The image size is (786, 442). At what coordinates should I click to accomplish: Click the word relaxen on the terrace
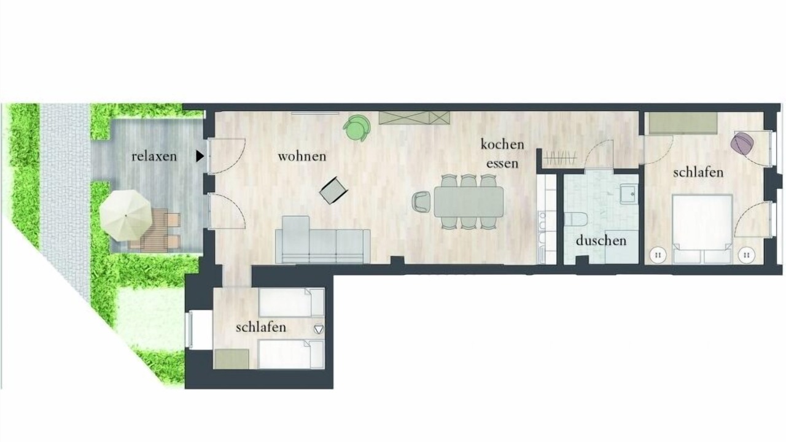pos(154,157)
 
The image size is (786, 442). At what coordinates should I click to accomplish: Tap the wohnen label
pos(302,157)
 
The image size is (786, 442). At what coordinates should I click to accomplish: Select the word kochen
pos(502,144)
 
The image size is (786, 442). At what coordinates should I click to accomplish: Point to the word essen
pos(502,163)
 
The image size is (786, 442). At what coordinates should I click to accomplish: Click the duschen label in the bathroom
pos(601,241)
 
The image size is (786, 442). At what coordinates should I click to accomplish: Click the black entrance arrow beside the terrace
pos(200,156)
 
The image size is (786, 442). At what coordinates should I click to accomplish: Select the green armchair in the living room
pos(357,128)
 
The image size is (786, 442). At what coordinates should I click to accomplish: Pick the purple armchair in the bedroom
pos(742,143)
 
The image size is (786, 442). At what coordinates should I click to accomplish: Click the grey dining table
pos(469,202)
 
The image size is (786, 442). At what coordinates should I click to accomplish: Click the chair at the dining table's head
pos(422,202)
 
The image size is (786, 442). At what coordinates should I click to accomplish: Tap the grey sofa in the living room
pos(322,240)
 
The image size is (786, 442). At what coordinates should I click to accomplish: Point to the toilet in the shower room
pos(575,220)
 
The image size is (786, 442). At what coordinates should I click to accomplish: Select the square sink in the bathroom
pos(628,195)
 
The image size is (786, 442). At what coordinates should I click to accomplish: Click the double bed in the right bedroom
pos(702,229)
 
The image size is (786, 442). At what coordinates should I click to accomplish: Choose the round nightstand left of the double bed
pos(658,255)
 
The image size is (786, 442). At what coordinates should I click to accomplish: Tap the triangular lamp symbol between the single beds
pos(319,330)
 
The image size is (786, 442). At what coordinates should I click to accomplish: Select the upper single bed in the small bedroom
pos(291,303)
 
